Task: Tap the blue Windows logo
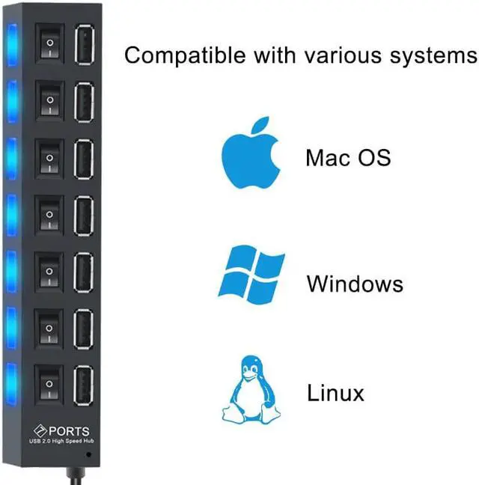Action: [251, 272]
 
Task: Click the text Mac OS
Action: [347, 158]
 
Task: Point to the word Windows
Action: [354, 284]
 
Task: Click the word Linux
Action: [335, 393]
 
